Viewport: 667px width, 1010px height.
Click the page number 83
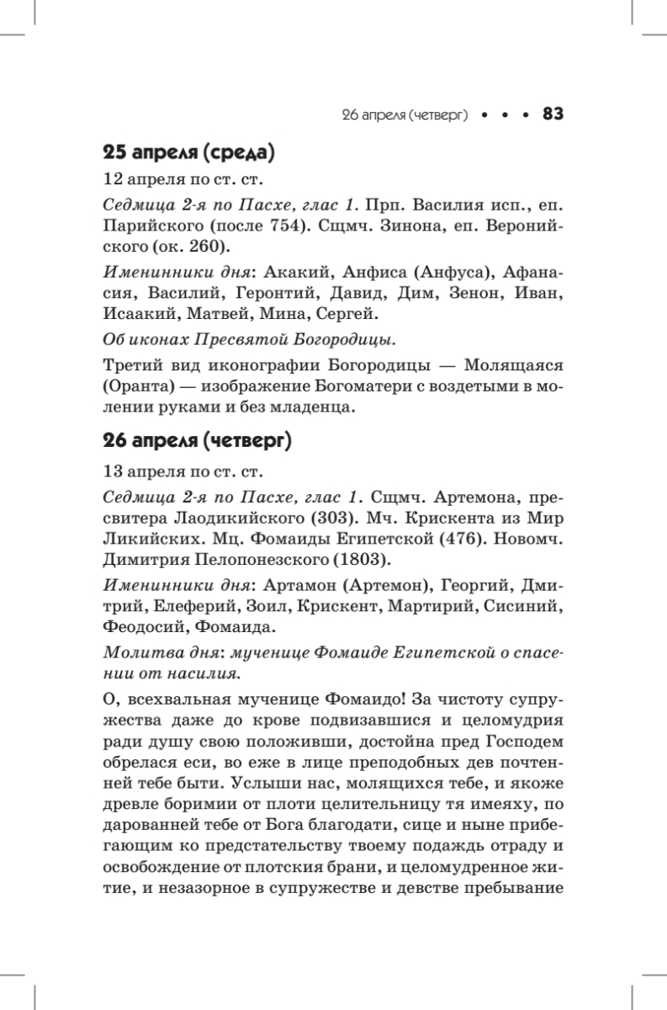pos(553,114)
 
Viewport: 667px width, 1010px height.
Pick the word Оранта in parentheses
pos(135,390)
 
